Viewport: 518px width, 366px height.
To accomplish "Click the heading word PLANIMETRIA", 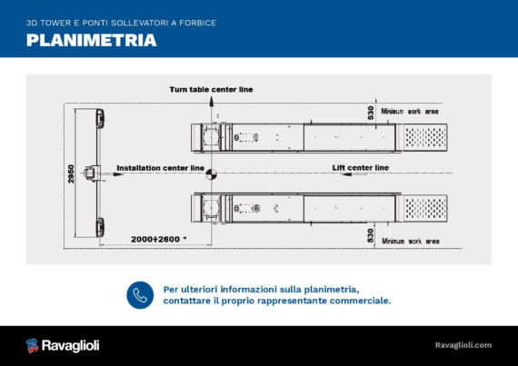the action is point(91,40).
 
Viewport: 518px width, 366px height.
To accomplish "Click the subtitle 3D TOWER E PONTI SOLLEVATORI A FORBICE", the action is point(121,23).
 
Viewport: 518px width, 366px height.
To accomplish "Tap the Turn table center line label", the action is point(211,89).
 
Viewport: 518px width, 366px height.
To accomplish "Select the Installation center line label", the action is point(161,168).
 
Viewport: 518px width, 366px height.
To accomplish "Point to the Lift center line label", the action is point(361,168).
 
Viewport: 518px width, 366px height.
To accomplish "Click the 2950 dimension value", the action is point(71,174).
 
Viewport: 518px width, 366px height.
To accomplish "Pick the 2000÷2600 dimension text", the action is point(158,239).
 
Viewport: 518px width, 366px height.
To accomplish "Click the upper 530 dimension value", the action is point(371,113).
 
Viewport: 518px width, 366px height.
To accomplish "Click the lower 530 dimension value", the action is point(371,235).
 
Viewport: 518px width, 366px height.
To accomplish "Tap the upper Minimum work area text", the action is point(410,112).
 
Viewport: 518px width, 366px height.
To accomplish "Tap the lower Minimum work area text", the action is point(411,242).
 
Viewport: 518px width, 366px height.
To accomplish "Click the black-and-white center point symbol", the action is point(212,174).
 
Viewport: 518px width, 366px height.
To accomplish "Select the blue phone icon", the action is point(140,295).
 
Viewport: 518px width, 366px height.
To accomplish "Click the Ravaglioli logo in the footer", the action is point(63,345).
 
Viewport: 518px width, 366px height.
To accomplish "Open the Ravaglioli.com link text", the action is point(463,345).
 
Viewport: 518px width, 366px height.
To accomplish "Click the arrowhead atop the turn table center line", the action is point(212,101).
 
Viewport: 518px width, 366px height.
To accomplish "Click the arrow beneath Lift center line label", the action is point(354,174).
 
